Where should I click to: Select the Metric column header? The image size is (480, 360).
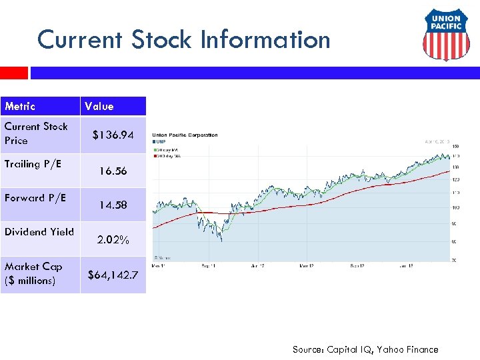pyautogui.click(x=20, y=106)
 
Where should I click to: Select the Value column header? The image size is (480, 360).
pyautogui.click(x=99, y=106)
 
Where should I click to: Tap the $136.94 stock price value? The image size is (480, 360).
pyautogui.click(x=113, y=135)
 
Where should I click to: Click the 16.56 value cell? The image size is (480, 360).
pyautogui.click(x=113, y=171)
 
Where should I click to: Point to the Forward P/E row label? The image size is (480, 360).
pyautogui.click(x=35, y=197)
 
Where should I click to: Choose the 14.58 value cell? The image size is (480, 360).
pyautogui.click(x=113, y=205)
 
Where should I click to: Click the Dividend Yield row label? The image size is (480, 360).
pyautogui.click(x=39, y=231)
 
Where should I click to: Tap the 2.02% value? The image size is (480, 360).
pyautogui.click(x=113, y=239)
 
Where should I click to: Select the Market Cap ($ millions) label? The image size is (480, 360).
pyautogui.click(x=33, y=273)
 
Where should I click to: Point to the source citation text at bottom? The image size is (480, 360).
pyautogui.click(x=365, y=349)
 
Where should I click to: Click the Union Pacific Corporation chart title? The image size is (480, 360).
pyautogui.click(x=185, y=135)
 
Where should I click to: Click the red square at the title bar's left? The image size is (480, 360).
pyautogui.click(x=13, y=73)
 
